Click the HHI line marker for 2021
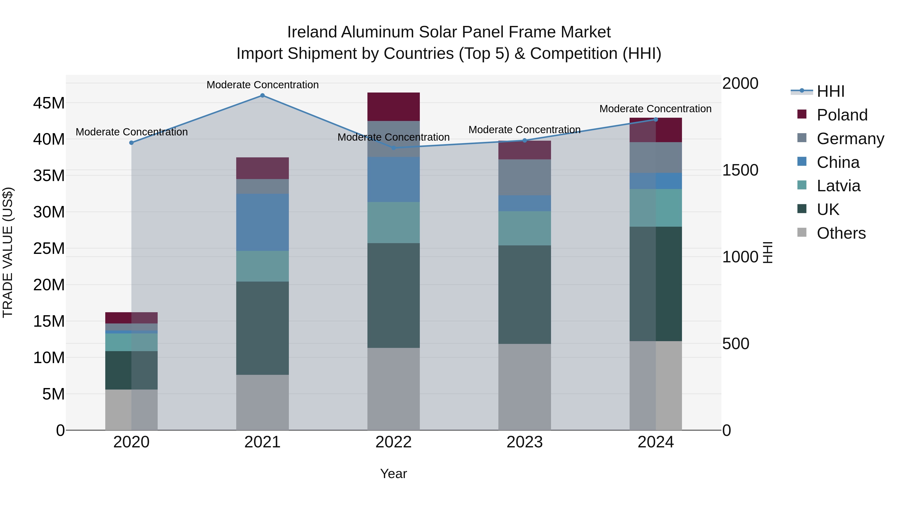[262, 96]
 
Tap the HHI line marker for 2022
[394, 148]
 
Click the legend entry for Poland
[842, 115]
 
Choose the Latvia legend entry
[838, 186]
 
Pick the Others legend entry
[841, 233]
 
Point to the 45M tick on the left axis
[49, 103]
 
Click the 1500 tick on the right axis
[740, 170]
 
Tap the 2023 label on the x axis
[524, 442]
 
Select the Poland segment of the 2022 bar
[394, 107]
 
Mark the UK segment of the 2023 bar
[524, 295]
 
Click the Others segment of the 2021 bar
[262, 402]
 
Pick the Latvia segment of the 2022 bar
[394, 222]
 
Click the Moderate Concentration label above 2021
[262, 85]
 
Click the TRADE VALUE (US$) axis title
[8, 252]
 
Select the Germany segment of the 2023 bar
[524, 177]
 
